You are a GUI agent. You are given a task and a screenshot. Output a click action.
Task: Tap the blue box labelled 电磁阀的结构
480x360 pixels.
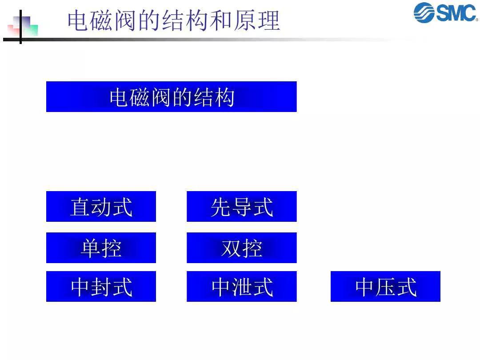point(171,97)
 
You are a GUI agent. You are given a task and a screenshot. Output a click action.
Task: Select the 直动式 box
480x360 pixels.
point(101,207)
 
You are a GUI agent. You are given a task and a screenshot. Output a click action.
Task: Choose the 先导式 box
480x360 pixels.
point(241,207)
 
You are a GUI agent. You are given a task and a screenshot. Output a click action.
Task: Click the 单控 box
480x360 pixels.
point(101,248)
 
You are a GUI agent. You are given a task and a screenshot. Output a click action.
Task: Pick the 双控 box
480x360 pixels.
point(241,248)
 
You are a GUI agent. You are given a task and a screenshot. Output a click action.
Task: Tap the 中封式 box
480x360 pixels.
point(101,287)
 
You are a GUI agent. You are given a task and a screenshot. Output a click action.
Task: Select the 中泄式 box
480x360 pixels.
point(241,287)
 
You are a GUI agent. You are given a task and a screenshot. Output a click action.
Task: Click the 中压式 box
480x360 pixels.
point(385,287)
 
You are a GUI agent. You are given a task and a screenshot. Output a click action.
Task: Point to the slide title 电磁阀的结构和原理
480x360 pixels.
point(173,21)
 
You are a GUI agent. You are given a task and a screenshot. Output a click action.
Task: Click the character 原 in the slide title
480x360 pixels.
point(248,21)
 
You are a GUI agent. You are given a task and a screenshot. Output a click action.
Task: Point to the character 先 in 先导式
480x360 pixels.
point(221,207)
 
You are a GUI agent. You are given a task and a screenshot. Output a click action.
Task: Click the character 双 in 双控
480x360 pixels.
point(231,248)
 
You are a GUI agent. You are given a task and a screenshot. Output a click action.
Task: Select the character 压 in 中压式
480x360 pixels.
point(386,287)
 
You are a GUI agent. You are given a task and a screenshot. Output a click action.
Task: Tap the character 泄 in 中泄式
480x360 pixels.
point(242,287)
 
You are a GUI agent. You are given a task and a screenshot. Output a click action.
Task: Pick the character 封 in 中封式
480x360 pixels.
point(101,287)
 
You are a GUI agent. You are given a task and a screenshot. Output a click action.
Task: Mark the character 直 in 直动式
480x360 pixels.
point(80,207)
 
